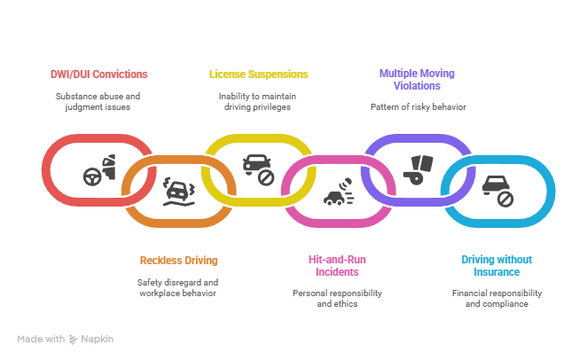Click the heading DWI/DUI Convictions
tap(98, 74)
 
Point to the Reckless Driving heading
tap(178, 261)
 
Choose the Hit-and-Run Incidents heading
tap(336, 265)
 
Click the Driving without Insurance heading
tap(497, 265)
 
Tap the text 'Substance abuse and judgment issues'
tap(98, 101)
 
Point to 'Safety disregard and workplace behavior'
tap(178, 287)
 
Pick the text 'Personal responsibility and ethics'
tap(336, 298)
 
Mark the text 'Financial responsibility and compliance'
tap(497, 298)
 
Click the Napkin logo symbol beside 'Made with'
tap(74, 340)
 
